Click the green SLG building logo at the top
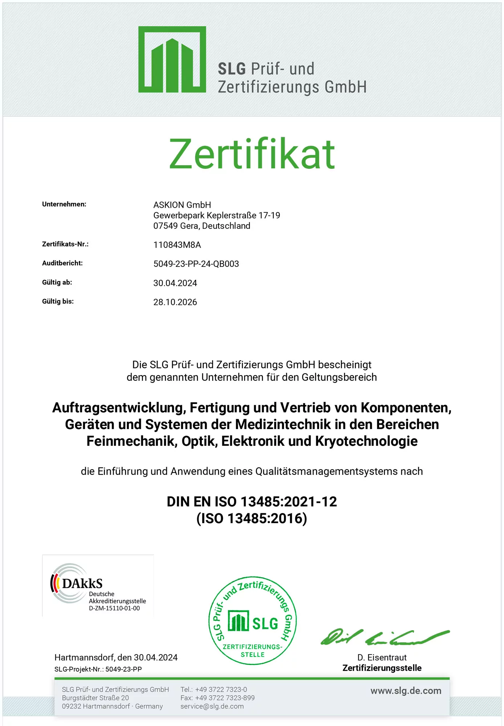coord(172,60)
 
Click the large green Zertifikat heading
coord(252,154)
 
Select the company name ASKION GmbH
coord(182,205)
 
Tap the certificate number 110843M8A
coord(177,245)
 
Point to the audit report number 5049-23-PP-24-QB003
coord(196,264)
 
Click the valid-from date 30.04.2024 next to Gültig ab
coord(175,283)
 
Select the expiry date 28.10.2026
coord(175,302)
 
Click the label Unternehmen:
coord(64,204)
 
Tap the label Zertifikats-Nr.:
coord(65,244)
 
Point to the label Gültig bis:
coord(58,301)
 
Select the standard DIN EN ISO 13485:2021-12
coord(252,502)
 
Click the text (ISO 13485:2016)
coord(252,518)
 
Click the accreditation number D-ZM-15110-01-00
coord(114,608)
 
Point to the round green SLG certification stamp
coord(253,620)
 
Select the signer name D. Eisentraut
coord(382,657)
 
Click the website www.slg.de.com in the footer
coord(406,691)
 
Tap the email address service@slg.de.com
coord(212,706)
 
